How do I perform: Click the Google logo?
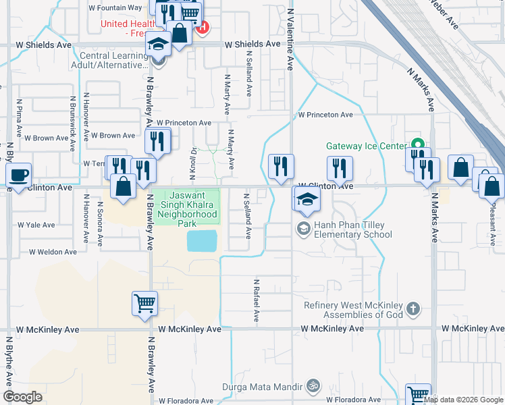22,397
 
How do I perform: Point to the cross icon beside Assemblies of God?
414,310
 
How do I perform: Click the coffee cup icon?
18,175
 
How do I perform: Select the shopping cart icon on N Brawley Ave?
145,303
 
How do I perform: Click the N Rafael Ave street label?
257,300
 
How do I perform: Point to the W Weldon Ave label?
53,252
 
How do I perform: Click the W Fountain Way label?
115,7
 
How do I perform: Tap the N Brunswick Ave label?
72,118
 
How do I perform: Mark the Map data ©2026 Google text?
463,400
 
